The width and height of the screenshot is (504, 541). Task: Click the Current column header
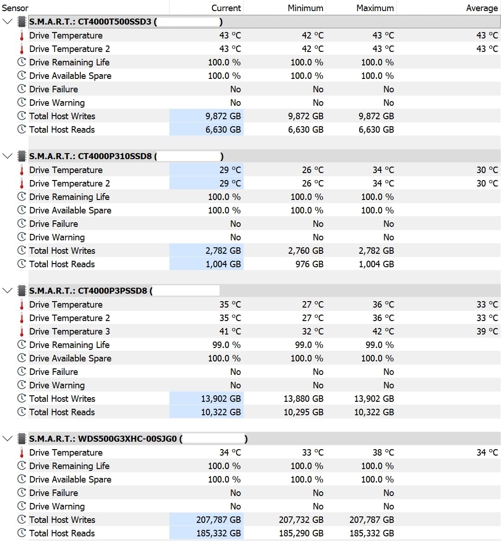pos(226,8)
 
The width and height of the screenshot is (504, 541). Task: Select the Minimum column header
pos(305,8)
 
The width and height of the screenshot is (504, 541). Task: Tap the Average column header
pos(482,8)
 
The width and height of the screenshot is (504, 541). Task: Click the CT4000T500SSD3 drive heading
pos(90,22)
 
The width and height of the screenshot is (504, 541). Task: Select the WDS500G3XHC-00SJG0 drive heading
pos(103,439)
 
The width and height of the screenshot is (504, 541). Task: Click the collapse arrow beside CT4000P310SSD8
pos(7,156)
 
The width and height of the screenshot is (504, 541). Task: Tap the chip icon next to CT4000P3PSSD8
pos(22,291)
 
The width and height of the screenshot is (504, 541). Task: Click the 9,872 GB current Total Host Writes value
pos(223,116)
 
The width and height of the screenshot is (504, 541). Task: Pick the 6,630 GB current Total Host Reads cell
pos(223,129)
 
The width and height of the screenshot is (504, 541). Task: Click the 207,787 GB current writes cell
pos(218,520)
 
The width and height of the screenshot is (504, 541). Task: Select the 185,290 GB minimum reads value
pos(301,533)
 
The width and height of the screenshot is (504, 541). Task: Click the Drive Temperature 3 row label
pos(69,331)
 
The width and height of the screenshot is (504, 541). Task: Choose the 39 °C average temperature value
pos(487,331)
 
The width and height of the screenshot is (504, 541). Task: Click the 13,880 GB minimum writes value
pos(303,399)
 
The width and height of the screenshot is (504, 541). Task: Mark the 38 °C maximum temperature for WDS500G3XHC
pos(383,452)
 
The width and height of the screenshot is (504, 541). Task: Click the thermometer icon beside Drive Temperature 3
pos(21,331)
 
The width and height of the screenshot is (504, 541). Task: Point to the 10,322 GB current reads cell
pos(220,412)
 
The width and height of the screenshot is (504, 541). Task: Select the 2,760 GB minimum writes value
pos(305,251)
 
